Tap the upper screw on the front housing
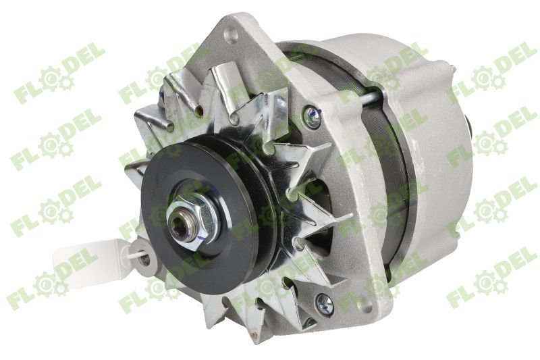point(311,118)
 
